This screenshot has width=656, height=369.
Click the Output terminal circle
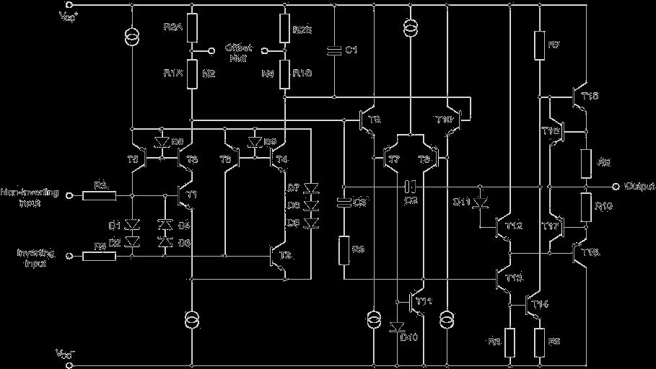(x=615, y=186)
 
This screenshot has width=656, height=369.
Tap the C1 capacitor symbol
(x=334, y=50)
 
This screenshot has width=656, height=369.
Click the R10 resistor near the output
(x=585, y=206)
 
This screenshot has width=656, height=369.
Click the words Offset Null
(x=236, y=51)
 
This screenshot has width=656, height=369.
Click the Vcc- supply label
(x=66, y=354)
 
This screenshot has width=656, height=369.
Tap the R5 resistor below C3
(x=344, y=249)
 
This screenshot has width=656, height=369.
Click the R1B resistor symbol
(x=286, y=73)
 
